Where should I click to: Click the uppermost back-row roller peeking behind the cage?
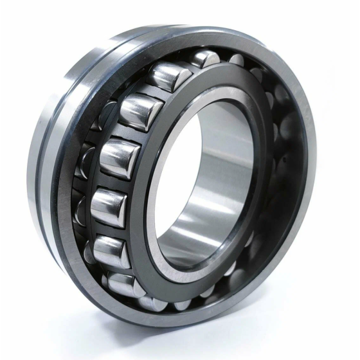[204, 59]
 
